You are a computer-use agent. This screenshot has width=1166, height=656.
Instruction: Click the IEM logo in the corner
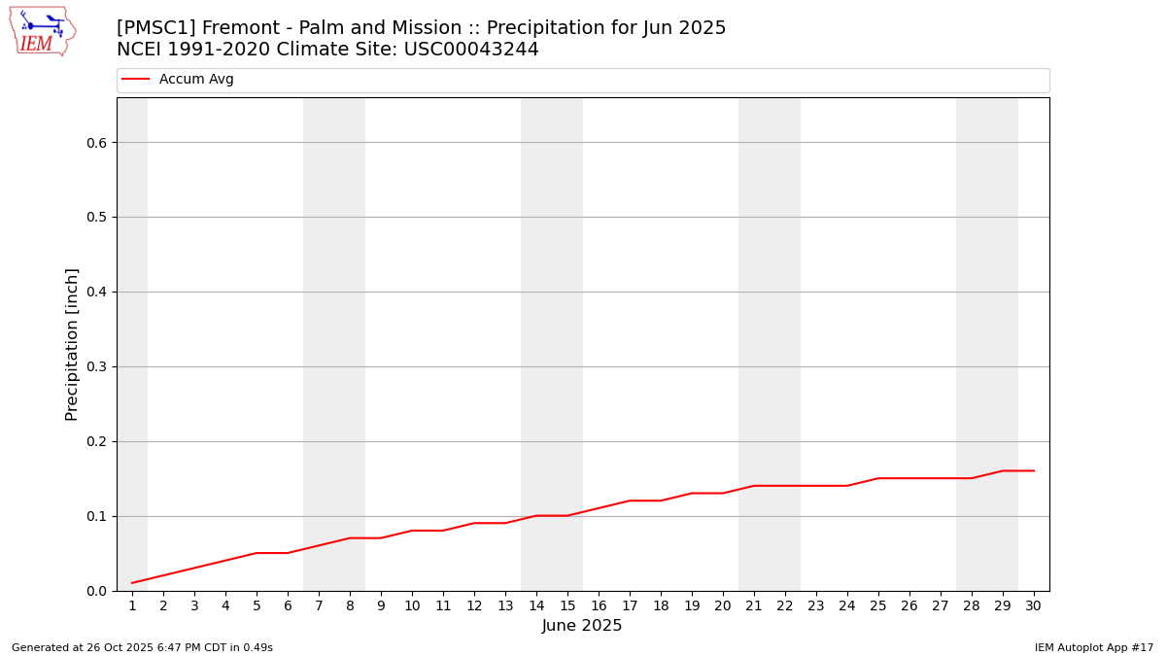coord(42,31)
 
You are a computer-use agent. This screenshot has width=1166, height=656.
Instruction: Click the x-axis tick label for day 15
coord(567,606)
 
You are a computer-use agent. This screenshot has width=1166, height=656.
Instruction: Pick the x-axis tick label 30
coord(1033,606)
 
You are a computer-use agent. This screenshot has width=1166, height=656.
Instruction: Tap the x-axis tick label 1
coord(132,606)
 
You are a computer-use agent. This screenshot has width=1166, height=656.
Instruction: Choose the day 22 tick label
coord(785,606)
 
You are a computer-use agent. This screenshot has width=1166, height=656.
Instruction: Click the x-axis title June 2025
coord(582,627)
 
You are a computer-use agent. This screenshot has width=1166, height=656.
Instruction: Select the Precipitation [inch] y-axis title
coord(72,344)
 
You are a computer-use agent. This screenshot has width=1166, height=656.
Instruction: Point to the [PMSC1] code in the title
coord(155,28)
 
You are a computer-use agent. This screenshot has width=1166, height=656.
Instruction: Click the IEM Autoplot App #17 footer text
coord(1093,648)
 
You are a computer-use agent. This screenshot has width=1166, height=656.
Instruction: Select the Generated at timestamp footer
coord(142,648)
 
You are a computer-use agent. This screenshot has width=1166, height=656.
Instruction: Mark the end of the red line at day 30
coord(1033,471)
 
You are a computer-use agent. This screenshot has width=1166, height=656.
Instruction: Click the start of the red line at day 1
coord(132,583)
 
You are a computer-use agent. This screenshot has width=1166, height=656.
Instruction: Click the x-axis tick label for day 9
coord(381,606)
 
